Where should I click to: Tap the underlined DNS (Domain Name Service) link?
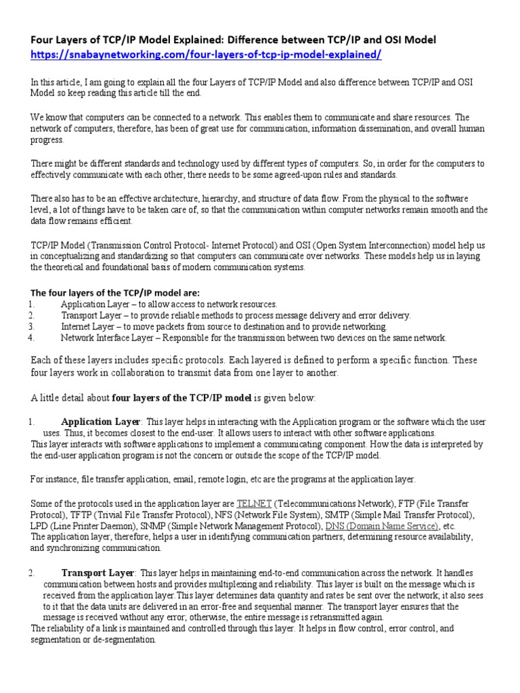(382, 526)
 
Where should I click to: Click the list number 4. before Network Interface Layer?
(32, 338)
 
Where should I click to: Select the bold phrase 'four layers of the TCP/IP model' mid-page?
(171, 396)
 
